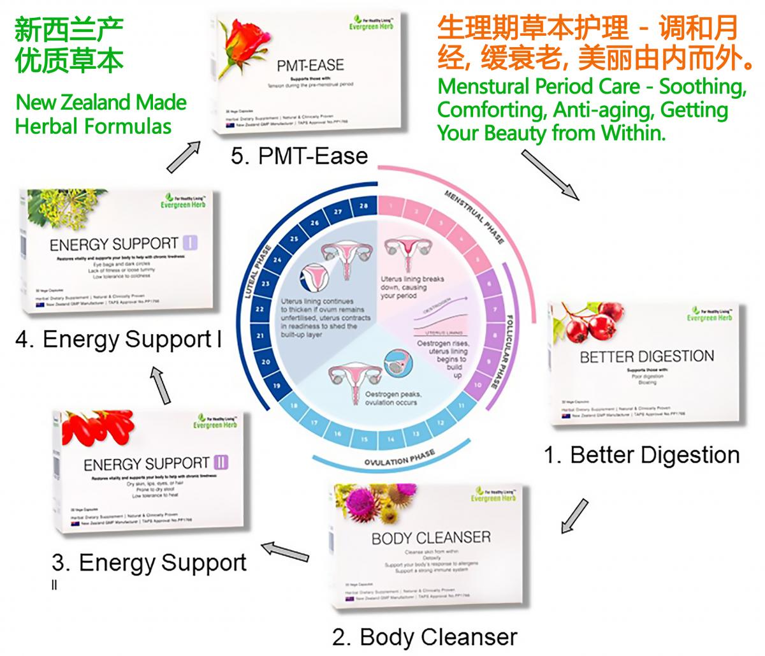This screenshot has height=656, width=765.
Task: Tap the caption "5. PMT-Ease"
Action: coord(299,156)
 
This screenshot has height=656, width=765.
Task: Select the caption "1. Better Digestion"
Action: coord(641,455)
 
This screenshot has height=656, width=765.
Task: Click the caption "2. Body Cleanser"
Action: coord(425,637)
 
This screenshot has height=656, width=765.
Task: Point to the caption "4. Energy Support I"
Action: coord(119,340)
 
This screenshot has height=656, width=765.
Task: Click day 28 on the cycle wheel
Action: coord(363,205)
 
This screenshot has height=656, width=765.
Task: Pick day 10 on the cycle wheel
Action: coord(477,385)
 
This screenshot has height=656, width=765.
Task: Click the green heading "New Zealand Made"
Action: coord(101,102)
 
